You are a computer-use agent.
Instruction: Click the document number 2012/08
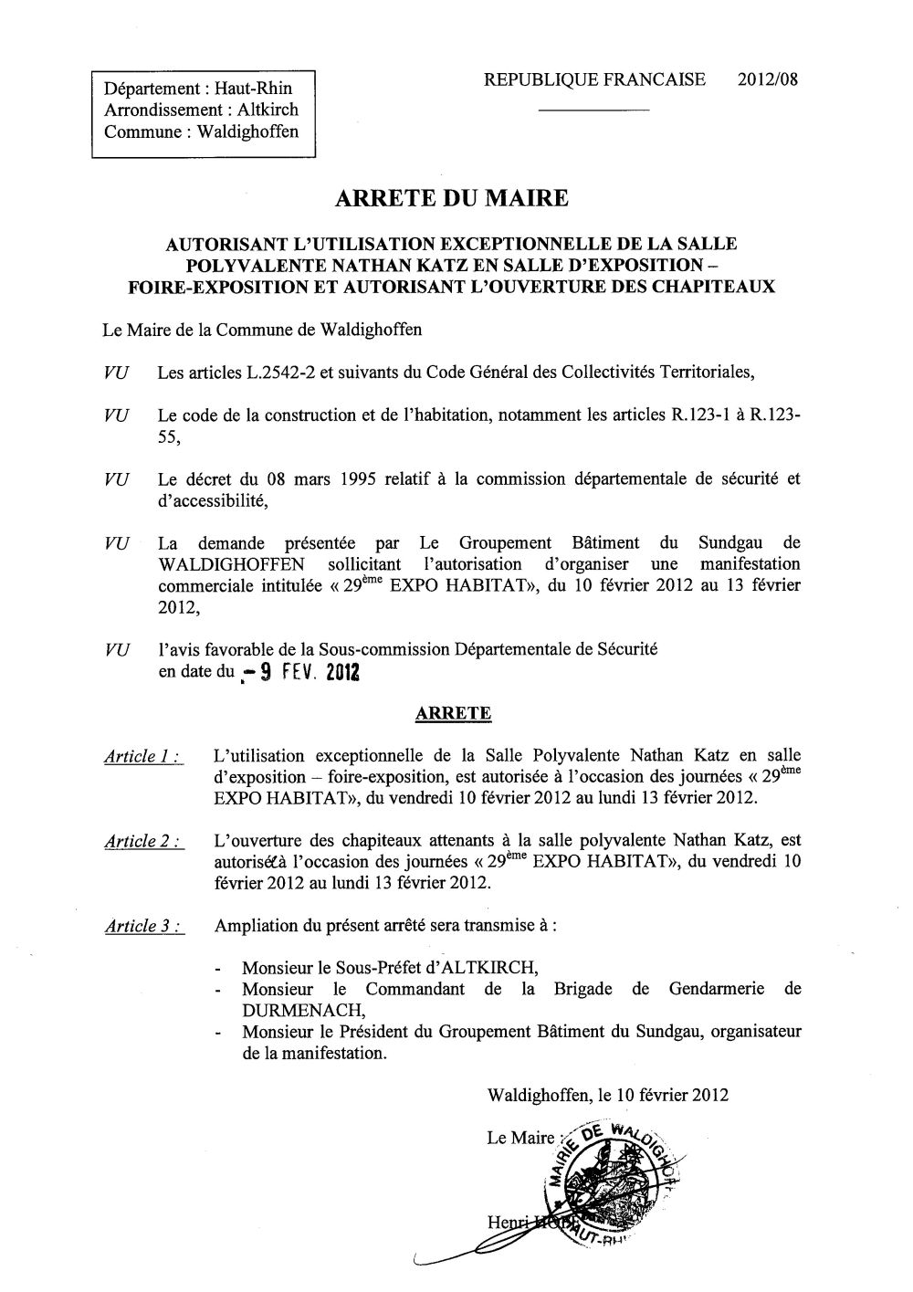767,80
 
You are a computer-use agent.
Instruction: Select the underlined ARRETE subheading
454,714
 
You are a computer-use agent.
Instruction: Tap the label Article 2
142,842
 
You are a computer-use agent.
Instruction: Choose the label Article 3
142,927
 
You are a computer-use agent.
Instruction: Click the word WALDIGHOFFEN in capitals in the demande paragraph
232,564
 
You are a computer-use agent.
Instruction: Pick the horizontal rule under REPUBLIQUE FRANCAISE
594,110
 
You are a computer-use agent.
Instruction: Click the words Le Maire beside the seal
520,1138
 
